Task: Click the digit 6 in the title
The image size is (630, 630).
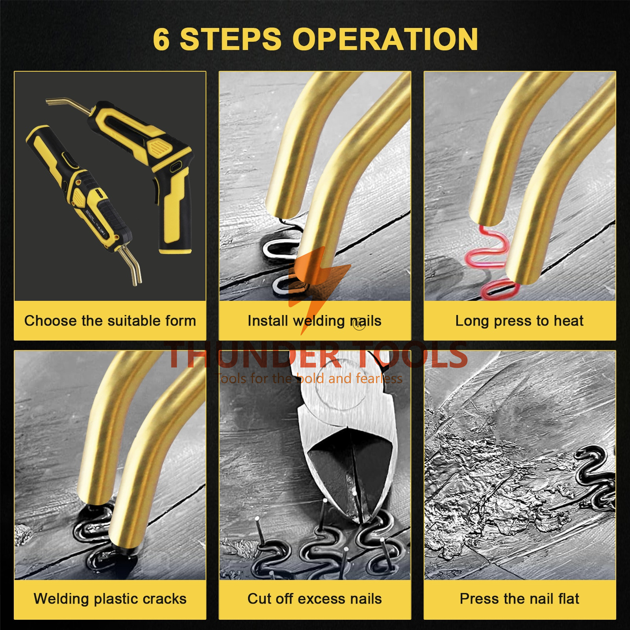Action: tap(161, 40)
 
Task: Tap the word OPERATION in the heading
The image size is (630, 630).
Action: tap(385, 39)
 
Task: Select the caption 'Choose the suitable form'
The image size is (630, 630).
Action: tap(110, 321)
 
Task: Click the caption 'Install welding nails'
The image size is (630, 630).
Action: tap(315, 321)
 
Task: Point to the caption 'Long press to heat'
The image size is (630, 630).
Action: tap(519, 321)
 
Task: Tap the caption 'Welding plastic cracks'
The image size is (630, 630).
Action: tap(110, 599)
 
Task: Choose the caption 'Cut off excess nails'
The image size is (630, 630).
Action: tap(315, 599)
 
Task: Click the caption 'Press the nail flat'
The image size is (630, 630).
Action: tap(519, 599)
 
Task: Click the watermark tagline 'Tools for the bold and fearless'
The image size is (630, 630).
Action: tap(310, 378)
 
